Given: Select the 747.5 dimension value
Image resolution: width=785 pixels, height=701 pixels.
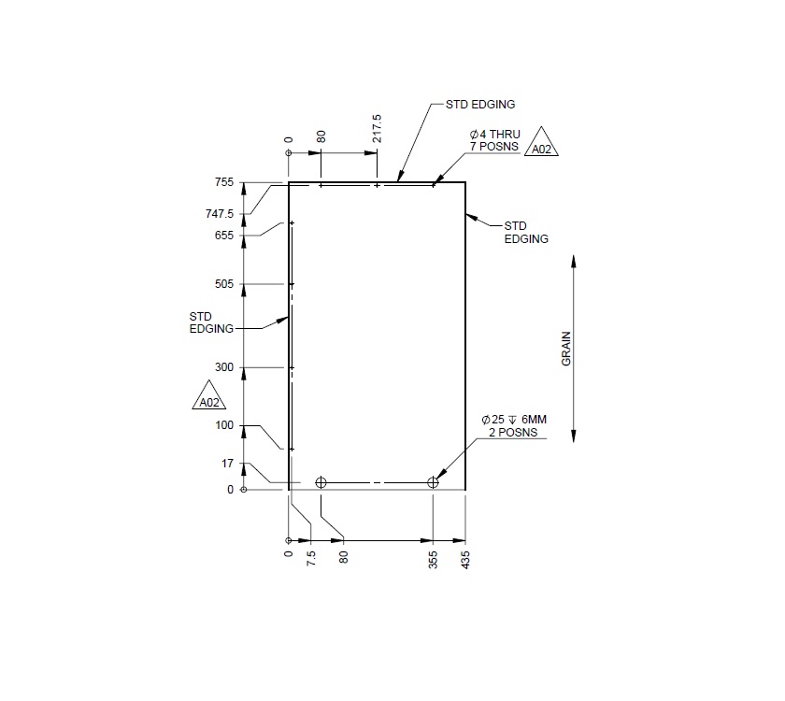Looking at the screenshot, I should pyautogui.click(x=221, y=214).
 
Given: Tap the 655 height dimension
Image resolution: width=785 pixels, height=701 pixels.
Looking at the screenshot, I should pyautogui.click(x=225, y=236).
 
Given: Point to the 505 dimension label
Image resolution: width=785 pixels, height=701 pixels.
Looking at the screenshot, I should pyautogui.click(x=224, y=284).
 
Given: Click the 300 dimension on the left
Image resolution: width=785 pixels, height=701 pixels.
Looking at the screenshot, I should pyautogui.click(x=224, y=367).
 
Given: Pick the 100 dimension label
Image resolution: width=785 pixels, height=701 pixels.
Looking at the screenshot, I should pyautogui.click(x=224, y=426).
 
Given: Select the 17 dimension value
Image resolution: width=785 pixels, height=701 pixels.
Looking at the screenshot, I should pyautogui.click(x=228, y=464).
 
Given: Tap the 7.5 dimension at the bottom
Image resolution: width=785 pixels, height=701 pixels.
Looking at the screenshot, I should pyautogui.click(x=311, y=560).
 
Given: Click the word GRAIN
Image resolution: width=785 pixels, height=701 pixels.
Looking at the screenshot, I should pyautogui.click(x=566, y=349).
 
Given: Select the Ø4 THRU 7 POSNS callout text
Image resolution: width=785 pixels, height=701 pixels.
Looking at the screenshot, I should pyautogui.click(x=494, y=140).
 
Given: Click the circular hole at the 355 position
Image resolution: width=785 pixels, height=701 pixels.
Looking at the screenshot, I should pyautogui.click(x=433, y=482).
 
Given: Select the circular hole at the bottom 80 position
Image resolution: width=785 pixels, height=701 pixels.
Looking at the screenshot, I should pyautogui.click(x=321, y=482).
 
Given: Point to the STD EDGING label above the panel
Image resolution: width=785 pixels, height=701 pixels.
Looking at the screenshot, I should pyautogui.click(x=480, y=105).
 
